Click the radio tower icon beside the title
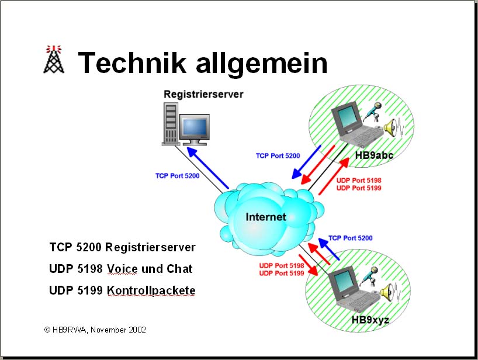tap(54, 60)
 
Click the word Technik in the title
tap(131, 63)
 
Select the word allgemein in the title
tap(262, 65)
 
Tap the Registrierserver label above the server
tap(203, 94)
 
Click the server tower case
tap(171, 123)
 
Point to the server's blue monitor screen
tap(193, 126)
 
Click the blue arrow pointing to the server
tap(207, 168)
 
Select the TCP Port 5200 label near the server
tap(177, 176)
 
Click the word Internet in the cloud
tap(266, 217)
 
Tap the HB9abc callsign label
tap(374, 155)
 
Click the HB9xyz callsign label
tap(370, 320)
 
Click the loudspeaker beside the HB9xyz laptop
tap(386, 292)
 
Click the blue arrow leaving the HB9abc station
tap(306, 162)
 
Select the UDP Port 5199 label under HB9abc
tap(359, 188)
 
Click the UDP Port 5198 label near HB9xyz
tap(282, 265)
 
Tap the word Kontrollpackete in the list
tap(151, 290)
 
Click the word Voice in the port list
tap(122, 269)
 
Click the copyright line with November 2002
tap(95, 330)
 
